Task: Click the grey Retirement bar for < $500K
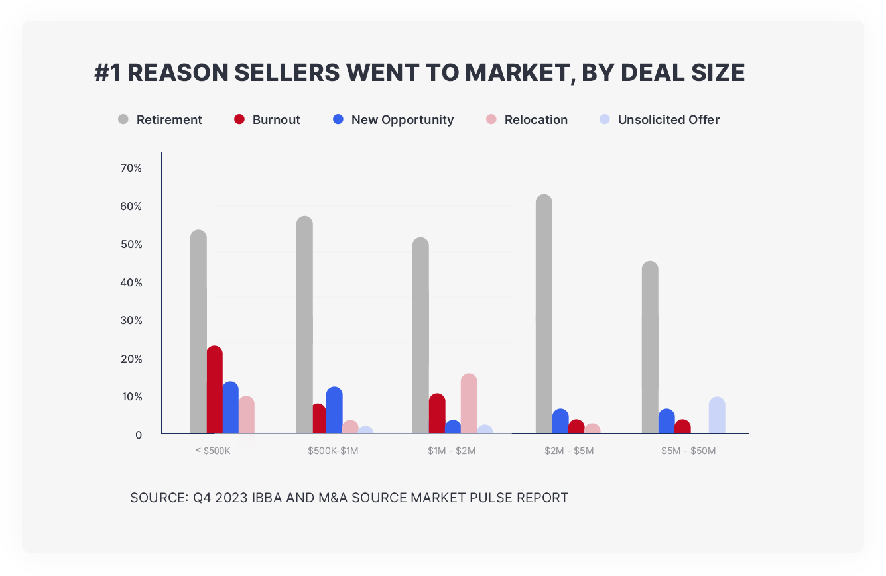[198, 331]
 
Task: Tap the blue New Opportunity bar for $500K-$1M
[334, 410]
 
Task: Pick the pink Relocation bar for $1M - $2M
[469, 404]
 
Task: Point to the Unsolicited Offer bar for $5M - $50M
[717, 416]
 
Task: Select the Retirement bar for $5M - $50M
[650, 347]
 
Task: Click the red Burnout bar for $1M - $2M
[436, 414]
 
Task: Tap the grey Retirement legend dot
[123, 119]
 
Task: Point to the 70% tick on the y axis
[131, 168]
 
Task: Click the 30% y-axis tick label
[131, 321]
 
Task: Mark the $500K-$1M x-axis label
[333, 451]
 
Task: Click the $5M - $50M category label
[688, 451]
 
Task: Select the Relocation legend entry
[536, 120]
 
